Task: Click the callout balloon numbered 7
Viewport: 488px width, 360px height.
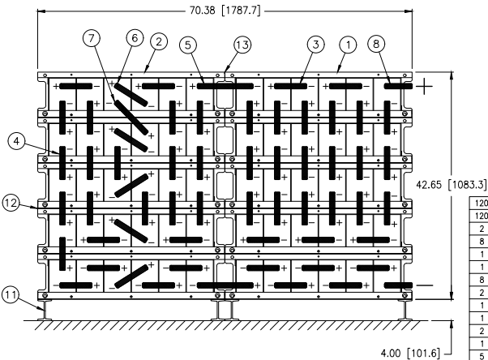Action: [x=92, y=38]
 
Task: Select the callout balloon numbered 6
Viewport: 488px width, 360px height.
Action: [x=135, y=38]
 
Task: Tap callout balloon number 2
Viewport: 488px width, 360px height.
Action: [x=159, y=41]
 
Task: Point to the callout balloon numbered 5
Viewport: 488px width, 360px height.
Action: [x=188, y=45]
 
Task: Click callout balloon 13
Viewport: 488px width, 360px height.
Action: [x=242, y=45]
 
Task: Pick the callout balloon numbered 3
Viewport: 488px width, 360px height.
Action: [x=316, y=45]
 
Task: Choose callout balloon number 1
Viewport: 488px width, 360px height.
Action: [x=348, y=45]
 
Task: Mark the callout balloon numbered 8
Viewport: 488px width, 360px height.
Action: [x=376, y=44]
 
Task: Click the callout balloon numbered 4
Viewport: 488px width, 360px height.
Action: [x=16, y=141]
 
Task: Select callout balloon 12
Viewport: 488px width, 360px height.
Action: [x=11, y=203]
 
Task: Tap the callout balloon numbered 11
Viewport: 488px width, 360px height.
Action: [x=11, y=294]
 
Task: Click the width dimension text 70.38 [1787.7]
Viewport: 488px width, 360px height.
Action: [x=225, y=11]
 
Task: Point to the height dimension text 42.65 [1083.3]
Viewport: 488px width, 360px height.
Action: [x=451, y=185]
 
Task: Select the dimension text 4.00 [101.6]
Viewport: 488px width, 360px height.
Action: [x=410, y=354]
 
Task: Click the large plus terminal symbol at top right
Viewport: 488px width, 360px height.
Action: [x=424, y=86]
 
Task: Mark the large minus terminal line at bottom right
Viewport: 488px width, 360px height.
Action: [x=425, y=285]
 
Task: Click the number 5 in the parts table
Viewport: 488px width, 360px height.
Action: [x=482, y=356]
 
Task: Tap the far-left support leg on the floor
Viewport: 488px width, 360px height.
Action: [x=45, y=311]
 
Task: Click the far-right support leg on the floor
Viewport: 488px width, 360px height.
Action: [x=405, y=311]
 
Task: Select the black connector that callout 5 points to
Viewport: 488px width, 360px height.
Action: [x=225, y=86]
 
